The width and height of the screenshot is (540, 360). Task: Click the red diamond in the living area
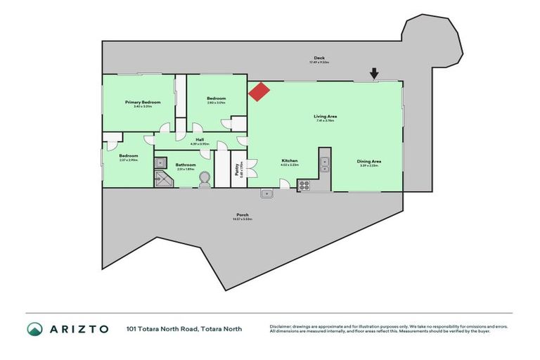258,92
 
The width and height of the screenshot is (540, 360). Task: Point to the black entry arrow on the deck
375,72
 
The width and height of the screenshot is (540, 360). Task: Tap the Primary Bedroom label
143,102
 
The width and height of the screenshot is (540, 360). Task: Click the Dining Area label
370,162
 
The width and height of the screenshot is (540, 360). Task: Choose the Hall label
200,139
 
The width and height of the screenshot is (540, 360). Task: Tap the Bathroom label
186,164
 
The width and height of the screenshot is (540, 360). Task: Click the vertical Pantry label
237,169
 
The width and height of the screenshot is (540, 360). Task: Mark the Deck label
319,58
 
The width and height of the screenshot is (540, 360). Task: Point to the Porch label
243,214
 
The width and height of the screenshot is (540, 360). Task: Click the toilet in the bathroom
205,179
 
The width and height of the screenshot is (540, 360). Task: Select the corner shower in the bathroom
162,179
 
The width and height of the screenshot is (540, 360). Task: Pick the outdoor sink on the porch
267,193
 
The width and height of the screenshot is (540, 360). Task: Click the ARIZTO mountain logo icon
34,328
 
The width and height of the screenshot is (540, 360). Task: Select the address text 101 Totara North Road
162,328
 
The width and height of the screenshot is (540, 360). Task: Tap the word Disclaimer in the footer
280,326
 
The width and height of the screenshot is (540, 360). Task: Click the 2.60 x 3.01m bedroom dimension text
216,103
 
